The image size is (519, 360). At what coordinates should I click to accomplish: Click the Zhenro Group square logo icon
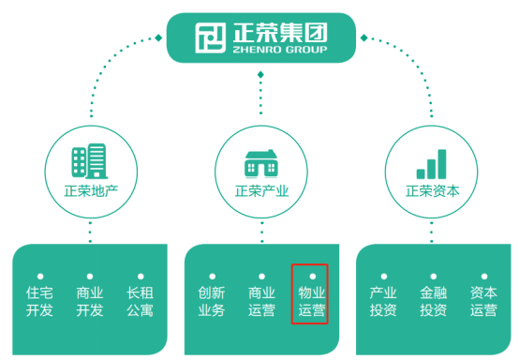pos(210,37)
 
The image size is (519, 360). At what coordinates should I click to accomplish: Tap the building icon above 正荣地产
pos(90,162)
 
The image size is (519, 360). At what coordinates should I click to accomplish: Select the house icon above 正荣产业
pos(261,163)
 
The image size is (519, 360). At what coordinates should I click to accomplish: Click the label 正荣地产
pos(90,194)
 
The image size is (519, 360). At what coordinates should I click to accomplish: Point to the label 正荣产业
pos(261,194)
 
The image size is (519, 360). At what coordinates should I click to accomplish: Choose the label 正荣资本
pos(432,194)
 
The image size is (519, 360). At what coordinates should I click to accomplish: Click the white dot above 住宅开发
pos(39,277)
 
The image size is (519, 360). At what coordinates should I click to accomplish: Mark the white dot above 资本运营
pos(482,277)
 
